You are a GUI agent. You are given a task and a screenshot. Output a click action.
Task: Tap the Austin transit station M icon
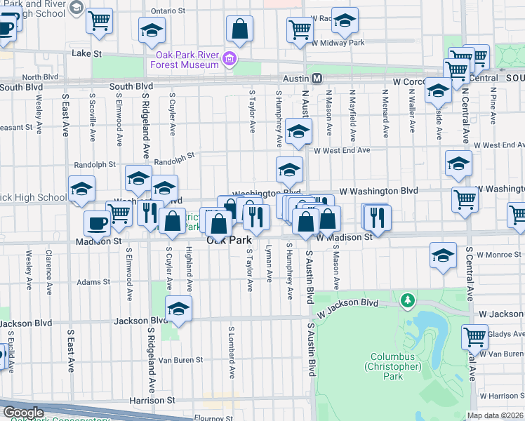(x=317, y=79)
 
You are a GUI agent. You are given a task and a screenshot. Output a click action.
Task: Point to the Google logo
(x=23, y=413)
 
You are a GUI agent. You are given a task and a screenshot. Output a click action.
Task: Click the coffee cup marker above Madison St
(x=98, y=224)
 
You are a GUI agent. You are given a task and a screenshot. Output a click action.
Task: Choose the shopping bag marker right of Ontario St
(x=239, y=29)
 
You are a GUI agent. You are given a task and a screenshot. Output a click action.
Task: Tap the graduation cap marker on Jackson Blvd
(x=179, y=309)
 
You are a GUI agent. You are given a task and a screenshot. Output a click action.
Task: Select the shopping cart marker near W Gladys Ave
(x=475, y=337)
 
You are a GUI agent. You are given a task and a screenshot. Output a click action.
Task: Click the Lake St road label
(x=87, y=53)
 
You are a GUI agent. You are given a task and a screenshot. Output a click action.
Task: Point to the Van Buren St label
(x=180, y=360)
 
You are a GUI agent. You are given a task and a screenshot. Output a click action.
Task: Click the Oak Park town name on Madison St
(x=230, y=240)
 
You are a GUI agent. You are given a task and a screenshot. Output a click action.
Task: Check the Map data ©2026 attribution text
(x=495, y=415)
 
